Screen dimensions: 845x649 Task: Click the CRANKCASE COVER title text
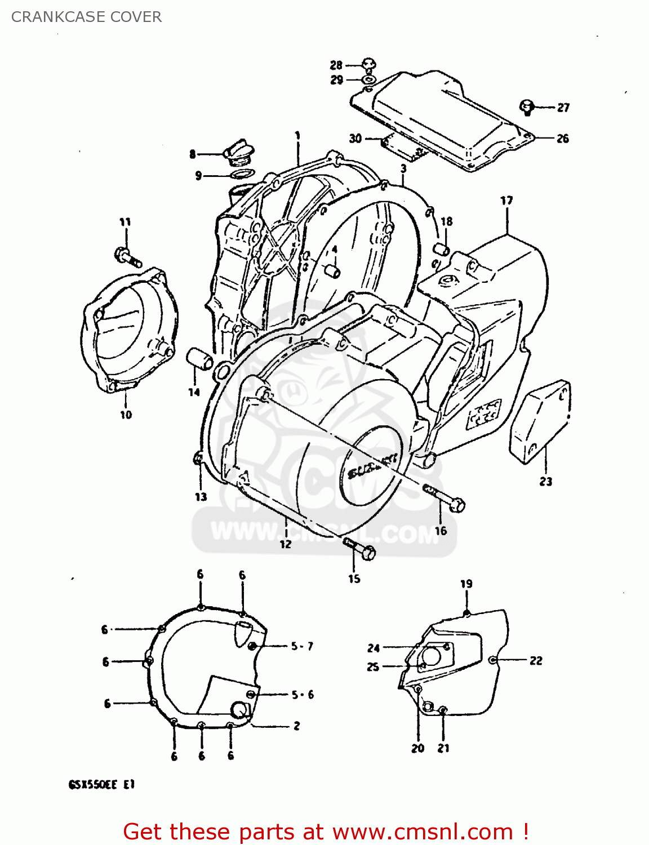tap(86, 17)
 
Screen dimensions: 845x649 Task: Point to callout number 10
tap(126, 415)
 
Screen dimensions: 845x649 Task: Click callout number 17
tap(506, 201)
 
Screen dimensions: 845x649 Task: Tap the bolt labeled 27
tap(527, 106)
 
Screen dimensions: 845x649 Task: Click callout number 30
tap(355, 138)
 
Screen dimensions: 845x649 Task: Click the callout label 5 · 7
tap(302, 646)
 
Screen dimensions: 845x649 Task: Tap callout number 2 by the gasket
tap(296, 726)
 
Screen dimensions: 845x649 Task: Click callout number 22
tap(536, 660)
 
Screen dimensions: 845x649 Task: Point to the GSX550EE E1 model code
tap(101, 784)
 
